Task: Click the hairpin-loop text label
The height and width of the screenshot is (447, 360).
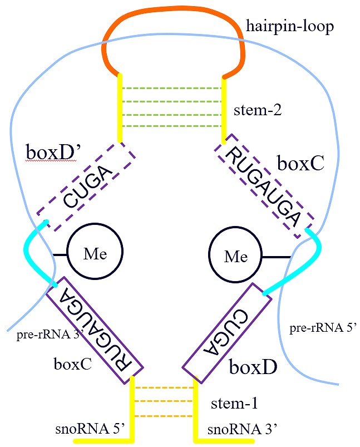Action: (x=290, y=26)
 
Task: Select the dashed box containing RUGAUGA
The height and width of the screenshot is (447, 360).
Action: (x=263, y=186)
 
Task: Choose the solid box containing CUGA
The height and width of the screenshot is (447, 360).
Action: (x=226, y=333)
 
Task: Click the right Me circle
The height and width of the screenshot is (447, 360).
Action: (x=235, y=257)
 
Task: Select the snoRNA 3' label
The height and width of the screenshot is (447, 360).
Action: (x=242, y=429)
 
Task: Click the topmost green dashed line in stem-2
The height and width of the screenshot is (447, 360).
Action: (x=172, y=88)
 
